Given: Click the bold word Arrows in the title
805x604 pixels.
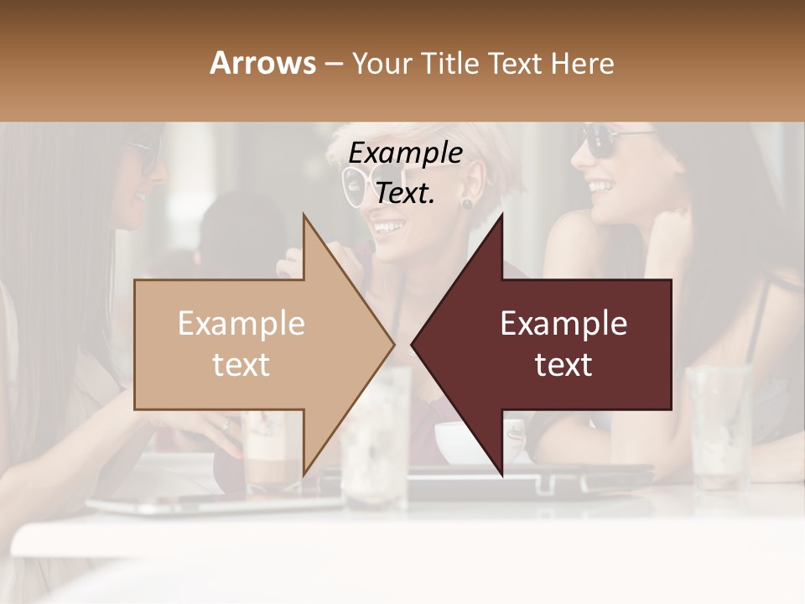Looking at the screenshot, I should [x=262, y=63].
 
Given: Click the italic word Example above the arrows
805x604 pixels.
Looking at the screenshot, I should [x=405, y=154].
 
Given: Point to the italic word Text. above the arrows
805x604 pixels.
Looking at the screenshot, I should [x=405, y=193].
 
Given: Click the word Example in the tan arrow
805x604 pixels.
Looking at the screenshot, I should [x=241, y=324].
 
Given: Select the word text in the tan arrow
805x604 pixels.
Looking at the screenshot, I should [x=241, y=365].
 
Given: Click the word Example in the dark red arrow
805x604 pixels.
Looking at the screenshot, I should [x=563, y=324].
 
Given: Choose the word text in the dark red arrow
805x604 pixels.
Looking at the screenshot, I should [x=563, y=365].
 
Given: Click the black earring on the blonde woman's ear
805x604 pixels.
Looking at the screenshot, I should [x=466, y=203].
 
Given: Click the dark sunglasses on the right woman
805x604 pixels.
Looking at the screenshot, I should [x=608, y=141].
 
